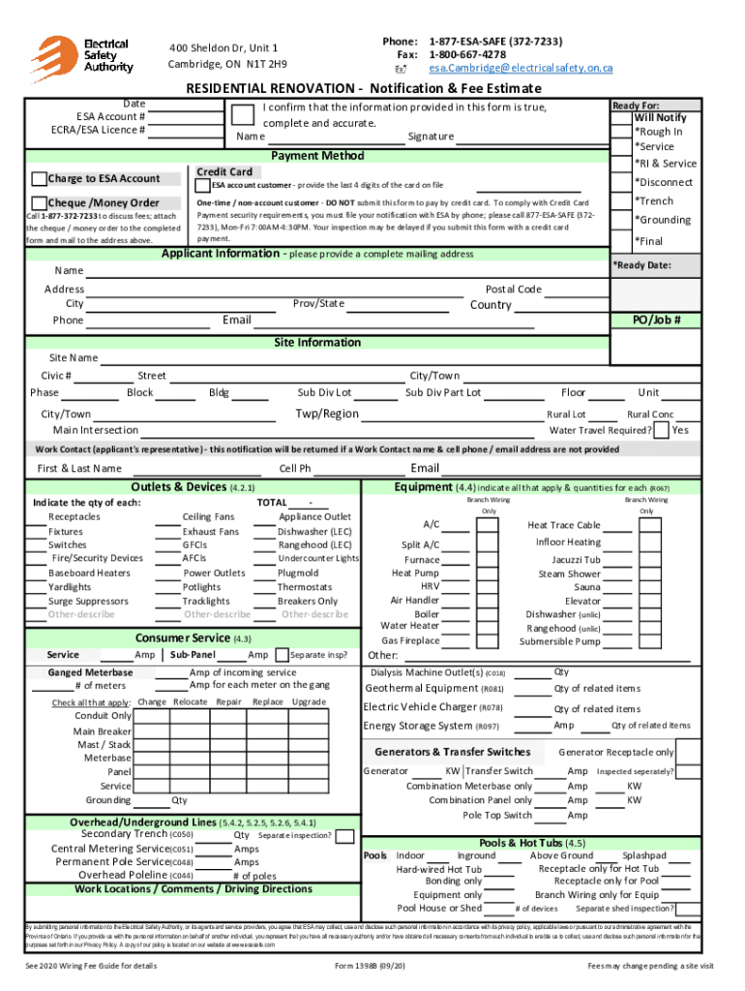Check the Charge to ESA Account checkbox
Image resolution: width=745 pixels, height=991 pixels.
pyautogui.click(x=39, y=179)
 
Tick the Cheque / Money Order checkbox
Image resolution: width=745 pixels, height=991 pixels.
pyautogui.click(x=39, y=202)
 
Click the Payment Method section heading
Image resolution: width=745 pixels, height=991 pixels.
pyautogui.click(x=317, y=156)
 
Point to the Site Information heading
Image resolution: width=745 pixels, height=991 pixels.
pyautogui.click(x=317, y=343)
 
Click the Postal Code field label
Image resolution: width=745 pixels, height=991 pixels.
pyautogui.click(x=513, y=289)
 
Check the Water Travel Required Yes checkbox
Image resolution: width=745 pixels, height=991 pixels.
pyautogui.click(x=661, y=430)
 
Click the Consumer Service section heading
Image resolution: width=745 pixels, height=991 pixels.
pyautogui.click(x=181, y=638)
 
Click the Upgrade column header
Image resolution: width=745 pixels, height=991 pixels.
pyautogui.click(x=309, y=702)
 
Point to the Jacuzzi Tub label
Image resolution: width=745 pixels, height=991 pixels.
pyautogui.click(x=576, y=559)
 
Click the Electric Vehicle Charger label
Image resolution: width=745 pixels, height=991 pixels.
pyautogui.click(x=420, y=707)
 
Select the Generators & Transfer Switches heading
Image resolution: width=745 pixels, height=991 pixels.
pyautogui.click(x=453, y=752)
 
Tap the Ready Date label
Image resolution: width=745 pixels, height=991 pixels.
pyautogui.click(x=643, y=264)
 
